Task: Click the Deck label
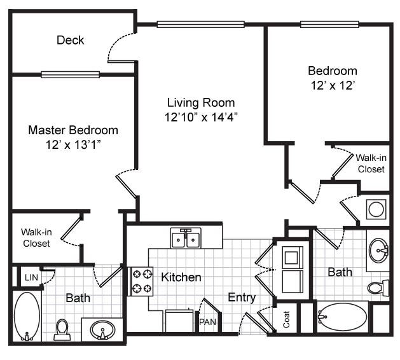(x=70, y=40)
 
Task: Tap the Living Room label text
(x=201, y=102)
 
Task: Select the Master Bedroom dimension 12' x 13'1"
(x=73, y=144)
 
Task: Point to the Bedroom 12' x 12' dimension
(x=333, y=85)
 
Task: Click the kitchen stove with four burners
(x=142, y=281)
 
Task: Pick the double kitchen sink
(x=186, y=239)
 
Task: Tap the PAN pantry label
(x=207, y=322)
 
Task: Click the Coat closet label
(x=286, y=320)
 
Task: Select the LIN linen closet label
(x=31, y=277)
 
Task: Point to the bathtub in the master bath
(x=27, y=316)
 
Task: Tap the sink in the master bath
(x=102, y=330)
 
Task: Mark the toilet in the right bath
(x=379, y=287)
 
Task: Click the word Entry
(x=242, y=297)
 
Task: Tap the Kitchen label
(x=181, y=277)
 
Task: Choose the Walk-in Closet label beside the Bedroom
(x=370, y=163)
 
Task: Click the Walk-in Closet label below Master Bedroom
(x=36, y=238)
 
